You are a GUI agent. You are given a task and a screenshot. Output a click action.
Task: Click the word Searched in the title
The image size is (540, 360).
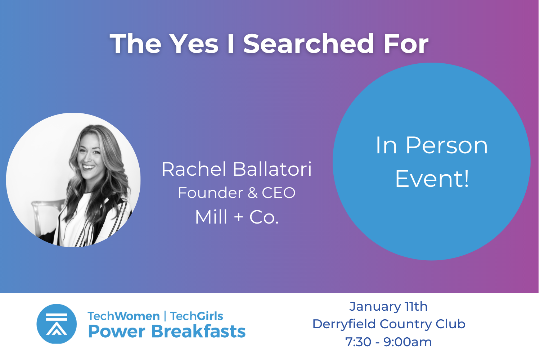point(308,44)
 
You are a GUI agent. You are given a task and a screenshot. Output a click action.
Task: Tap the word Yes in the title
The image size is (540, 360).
point(194,44)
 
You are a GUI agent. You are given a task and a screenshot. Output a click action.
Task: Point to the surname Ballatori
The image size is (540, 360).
point(272,169)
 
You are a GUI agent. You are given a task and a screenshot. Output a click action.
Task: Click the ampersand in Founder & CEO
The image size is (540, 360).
point(252,193)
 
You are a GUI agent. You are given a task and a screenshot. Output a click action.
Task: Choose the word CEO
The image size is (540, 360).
point(279,193)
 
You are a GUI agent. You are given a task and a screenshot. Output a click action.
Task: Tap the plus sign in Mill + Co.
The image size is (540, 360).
point(239,217)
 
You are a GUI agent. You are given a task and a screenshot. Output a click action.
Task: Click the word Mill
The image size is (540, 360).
point(211,217)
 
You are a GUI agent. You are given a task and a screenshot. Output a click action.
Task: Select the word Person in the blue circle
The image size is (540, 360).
point(447,145)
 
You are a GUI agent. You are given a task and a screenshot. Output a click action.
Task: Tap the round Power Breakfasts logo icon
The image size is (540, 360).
point(57,324)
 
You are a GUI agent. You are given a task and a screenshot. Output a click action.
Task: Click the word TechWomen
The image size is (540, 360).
point(124,316)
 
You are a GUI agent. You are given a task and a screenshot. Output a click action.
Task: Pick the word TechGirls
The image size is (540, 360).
point(197,316)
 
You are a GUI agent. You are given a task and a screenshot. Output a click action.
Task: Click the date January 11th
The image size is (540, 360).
point(388,307)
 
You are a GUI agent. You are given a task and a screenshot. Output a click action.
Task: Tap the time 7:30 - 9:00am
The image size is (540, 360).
point(388,342)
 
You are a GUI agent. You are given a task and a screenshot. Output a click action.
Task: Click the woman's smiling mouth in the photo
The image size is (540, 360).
point(89,167)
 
